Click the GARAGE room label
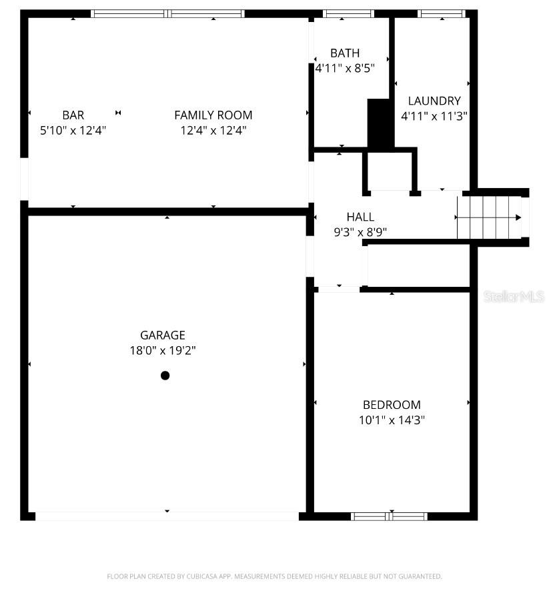[x=162, y=336]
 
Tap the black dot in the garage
[x=165, y=376]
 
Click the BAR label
[x=73, y=115]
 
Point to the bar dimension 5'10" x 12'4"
[x=73, y=131]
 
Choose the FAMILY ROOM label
[x=213, y=115]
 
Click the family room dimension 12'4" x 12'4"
[x=213, y=131]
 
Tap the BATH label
[x=345, y=53]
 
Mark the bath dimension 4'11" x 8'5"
[x=345, y=68]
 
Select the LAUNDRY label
[x=434, y=101]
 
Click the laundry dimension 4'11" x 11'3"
[x=434, y=116]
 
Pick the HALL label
[x=360, y=217]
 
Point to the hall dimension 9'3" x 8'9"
[x=360, y=232]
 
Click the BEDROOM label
[x=392, y=405]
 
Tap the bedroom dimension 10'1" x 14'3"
[x=392, y=420]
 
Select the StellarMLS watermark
[x=514, y=296]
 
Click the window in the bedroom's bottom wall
[x=390, y=516]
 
